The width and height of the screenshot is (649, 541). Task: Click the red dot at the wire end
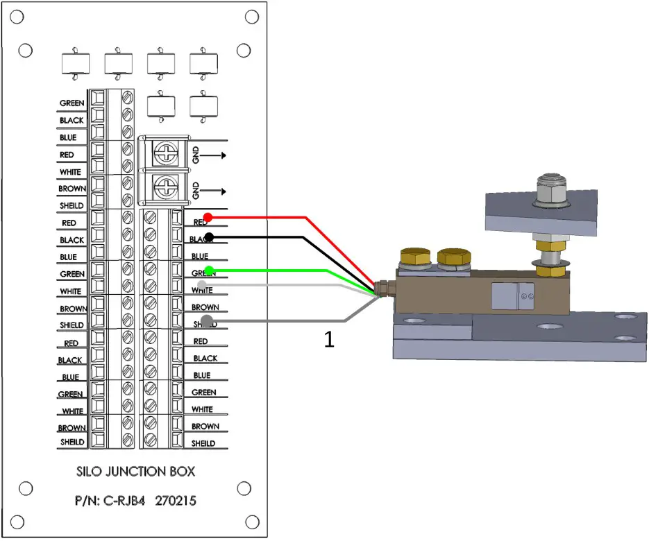208,218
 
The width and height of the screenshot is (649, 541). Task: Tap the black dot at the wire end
208,237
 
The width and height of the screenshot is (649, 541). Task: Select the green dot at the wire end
208,270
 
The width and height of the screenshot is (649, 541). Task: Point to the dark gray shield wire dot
207,321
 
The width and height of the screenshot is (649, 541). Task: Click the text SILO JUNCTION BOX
135,471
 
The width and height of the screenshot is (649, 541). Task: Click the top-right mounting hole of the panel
244,50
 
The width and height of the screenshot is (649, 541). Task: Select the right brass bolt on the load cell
452,259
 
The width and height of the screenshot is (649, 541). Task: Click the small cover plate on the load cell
511,296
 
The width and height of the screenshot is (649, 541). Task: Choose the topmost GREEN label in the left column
71,103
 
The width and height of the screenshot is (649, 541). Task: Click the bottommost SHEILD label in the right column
203,443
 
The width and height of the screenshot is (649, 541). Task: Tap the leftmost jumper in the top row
76,64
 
